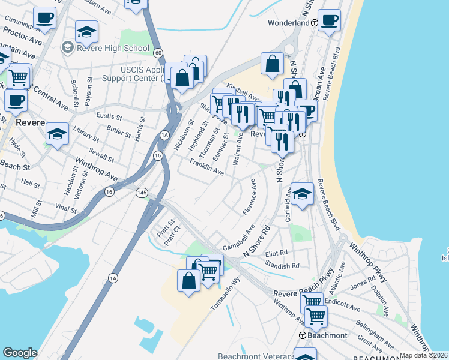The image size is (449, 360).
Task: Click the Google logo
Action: tap(20, 353)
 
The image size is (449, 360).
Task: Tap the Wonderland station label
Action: tap(288, 23)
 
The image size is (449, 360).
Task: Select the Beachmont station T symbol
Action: tap(303, 335)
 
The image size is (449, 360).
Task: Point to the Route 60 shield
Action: tap(157, 53)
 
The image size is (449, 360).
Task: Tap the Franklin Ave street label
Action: tap(206, 167)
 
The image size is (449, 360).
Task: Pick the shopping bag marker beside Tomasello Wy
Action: tap(188, 281)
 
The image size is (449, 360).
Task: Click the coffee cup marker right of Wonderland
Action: tap(329, 20)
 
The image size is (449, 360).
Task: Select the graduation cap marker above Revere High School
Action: tap(87, 31)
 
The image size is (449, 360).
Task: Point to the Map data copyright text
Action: tap(423, 355)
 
